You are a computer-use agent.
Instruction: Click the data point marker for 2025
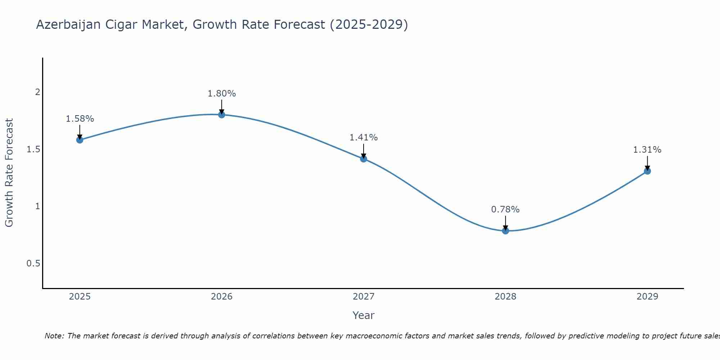[80, 140]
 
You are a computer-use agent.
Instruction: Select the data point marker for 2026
[222, 114]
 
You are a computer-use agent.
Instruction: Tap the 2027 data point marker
[364, 159]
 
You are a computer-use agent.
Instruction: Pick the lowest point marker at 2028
[505, 231]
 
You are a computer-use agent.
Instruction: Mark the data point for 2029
[647, 171]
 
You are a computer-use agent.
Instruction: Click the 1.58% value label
[80, 119]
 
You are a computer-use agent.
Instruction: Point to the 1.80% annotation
[222, 94]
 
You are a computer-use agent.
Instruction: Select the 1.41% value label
[364, 138]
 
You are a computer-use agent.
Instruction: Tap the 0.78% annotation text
[505, 210]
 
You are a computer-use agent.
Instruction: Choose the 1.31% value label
[647, 150]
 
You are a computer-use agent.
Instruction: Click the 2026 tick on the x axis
[222, 297]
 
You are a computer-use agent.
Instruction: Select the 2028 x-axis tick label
[505, 297]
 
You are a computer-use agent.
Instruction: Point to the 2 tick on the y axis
[37, 92]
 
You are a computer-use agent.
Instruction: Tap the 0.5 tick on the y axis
[33, 264]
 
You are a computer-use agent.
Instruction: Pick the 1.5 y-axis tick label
[33, 149]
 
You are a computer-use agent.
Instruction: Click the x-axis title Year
[364, 315]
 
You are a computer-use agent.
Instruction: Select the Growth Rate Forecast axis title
[9, 173]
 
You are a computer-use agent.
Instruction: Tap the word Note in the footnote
[54, 336]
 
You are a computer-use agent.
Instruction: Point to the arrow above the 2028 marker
[505, 222]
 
